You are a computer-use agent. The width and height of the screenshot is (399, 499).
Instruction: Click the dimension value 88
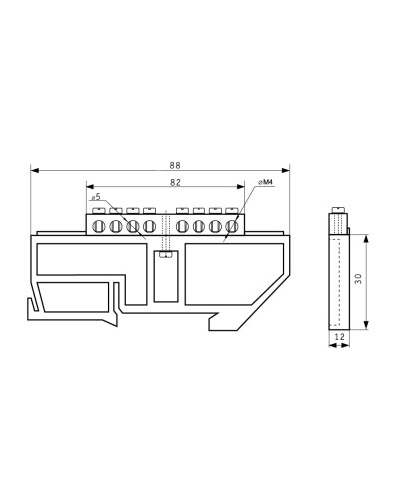175,165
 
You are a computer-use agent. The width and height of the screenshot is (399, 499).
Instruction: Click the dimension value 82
175,182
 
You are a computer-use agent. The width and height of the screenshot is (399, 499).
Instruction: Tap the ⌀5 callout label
96,197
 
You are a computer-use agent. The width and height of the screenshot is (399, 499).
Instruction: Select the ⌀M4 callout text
265,182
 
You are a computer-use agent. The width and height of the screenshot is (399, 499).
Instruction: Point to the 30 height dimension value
358,278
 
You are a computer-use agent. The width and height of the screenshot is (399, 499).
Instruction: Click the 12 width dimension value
340,337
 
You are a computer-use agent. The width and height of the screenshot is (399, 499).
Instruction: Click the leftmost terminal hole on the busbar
99,226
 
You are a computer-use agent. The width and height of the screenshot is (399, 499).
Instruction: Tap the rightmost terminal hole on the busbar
232,226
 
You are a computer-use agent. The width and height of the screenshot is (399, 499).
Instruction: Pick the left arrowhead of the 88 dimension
35,171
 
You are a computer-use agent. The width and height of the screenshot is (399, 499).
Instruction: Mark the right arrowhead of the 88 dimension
286,171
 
